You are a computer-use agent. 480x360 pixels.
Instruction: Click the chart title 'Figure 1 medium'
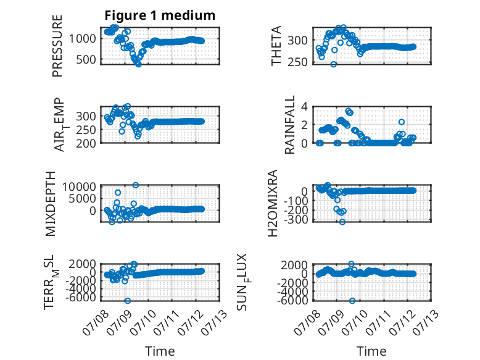[160, 15]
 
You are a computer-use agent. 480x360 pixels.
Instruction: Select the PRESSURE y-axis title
[57, 46]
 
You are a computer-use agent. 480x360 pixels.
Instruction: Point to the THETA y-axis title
[276, 46]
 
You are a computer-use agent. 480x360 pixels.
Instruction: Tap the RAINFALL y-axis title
[289, 125]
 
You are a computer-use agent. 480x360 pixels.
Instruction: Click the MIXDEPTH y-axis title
[51, 204]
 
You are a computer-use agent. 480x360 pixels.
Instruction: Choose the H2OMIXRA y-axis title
[273, 203]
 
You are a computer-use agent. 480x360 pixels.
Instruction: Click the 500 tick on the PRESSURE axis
[86, 59]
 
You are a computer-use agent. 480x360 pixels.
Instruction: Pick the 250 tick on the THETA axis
[297, 62]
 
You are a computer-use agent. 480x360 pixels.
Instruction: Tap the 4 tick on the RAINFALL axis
[304, 107]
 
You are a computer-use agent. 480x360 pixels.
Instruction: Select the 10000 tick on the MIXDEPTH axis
[80, 186]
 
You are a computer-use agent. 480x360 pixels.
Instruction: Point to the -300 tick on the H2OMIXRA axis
[296, 219]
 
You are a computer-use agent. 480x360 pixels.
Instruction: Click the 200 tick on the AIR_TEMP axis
[86, 143]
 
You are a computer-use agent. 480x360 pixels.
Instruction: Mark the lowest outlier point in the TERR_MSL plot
[128, 301]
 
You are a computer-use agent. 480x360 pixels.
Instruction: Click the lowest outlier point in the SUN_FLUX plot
[352, 301]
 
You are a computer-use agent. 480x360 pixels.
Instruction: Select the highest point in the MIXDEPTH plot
[136, 185]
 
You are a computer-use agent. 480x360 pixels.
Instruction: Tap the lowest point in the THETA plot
[334, 64]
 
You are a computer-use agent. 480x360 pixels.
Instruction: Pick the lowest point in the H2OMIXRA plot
[342, 222]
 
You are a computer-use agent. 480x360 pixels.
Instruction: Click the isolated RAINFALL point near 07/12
[402, 122]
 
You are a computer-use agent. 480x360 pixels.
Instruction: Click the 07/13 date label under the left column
[215, 322]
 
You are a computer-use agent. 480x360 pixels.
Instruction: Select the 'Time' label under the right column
[371, 351]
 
